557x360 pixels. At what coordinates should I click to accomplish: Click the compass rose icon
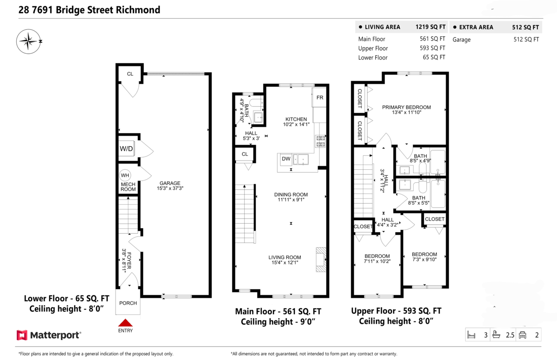[29, 41]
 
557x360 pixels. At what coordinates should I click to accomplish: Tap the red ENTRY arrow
[125, 323]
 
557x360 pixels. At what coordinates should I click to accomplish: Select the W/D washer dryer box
[127, 149]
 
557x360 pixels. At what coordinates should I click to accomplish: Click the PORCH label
[128, 303]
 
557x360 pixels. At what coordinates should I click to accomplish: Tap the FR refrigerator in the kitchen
[320, 98]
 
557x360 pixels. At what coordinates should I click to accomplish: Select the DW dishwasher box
[286, 159]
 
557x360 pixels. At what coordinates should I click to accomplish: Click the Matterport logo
[49, 334]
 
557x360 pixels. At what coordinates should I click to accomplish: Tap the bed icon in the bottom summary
[472, 335]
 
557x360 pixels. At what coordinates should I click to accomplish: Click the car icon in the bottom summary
[523, 335]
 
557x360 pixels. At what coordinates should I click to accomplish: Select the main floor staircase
[245, 213]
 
